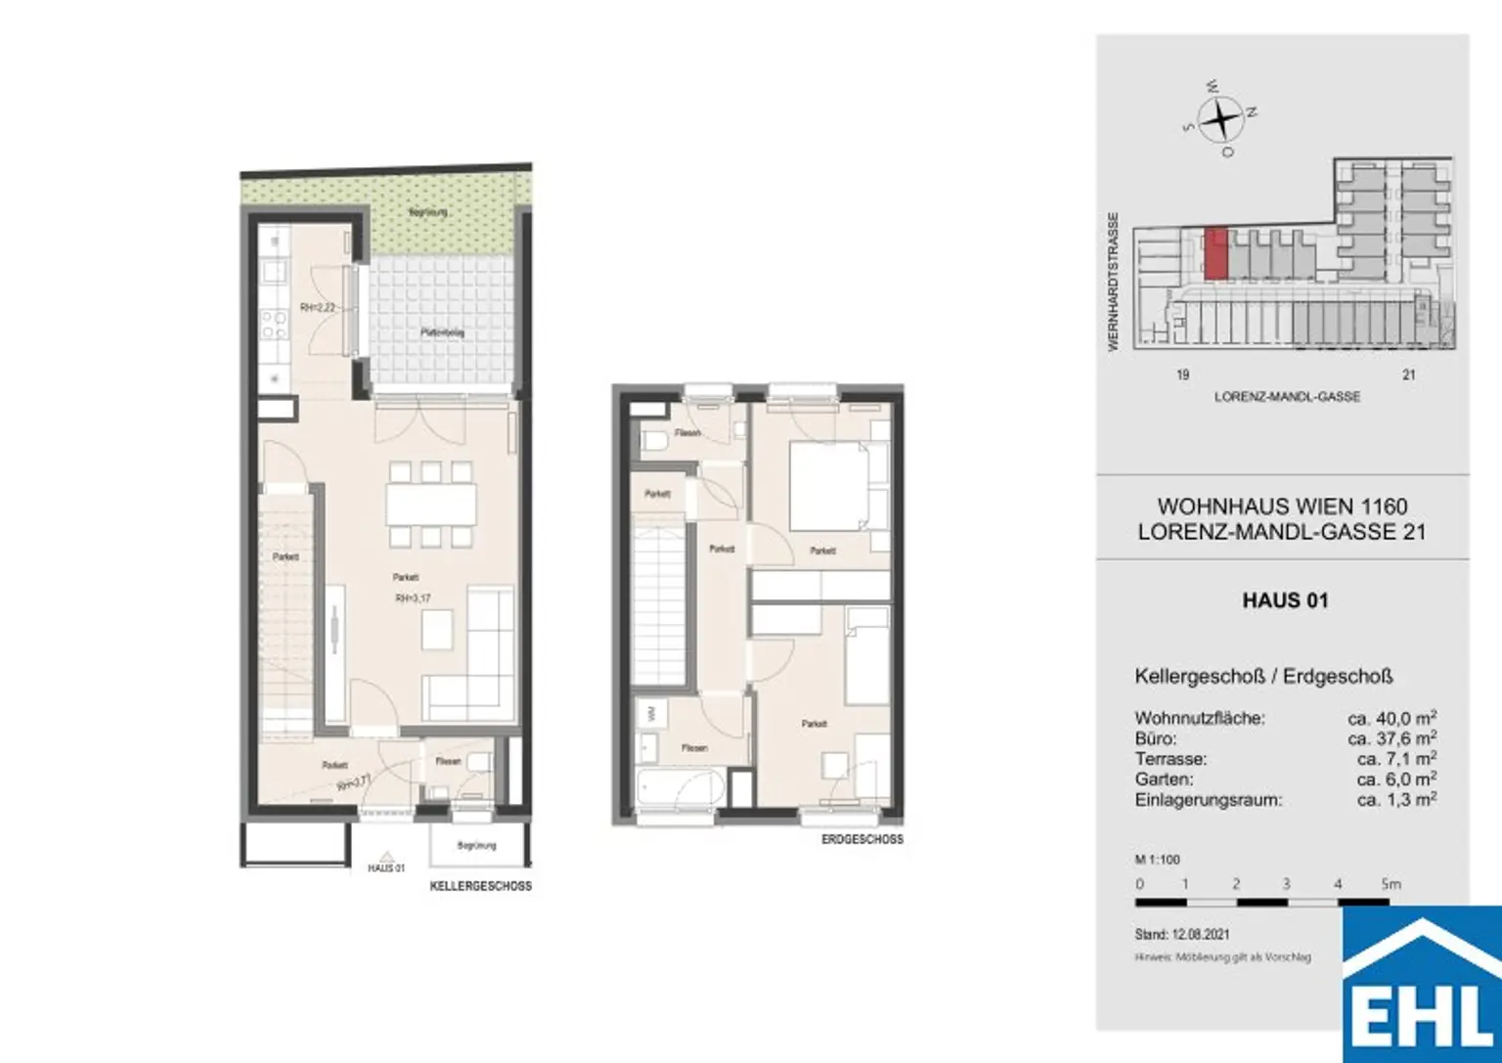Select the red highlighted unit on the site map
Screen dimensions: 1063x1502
[1215, 254]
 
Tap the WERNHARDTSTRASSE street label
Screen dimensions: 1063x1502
[1113, 282]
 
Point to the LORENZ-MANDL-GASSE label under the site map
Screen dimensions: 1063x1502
[1287, 397]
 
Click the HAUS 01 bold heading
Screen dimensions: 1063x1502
[1285, 600]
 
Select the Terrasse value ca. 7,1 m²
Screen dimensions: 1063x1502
[1396, 759]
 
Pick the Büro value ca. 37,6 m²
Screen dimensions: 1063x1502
[1392, 738]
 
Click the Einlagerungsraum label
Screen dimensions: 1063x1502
[1208, 800]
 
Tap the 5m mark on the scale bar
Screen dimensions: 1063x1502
[1390, 884]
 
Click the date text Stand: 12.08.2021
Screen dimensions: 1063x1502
[1182, 935]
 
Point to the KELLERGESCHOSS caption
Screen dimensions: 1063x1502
[480, 886]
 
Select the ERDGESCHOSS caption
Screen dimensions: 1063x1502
[861, 839]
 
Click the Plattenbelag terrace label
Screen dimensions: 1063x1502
[442, 332]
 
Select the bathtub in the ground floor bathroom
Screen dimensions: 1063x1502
[680, 787]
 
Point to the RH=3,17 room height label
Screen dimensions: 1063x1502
[413, 598]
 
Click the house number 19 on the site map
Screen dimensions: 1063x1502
[1182, 375]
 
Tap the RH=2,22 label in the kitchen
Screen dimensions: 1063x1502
[318, 307]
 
